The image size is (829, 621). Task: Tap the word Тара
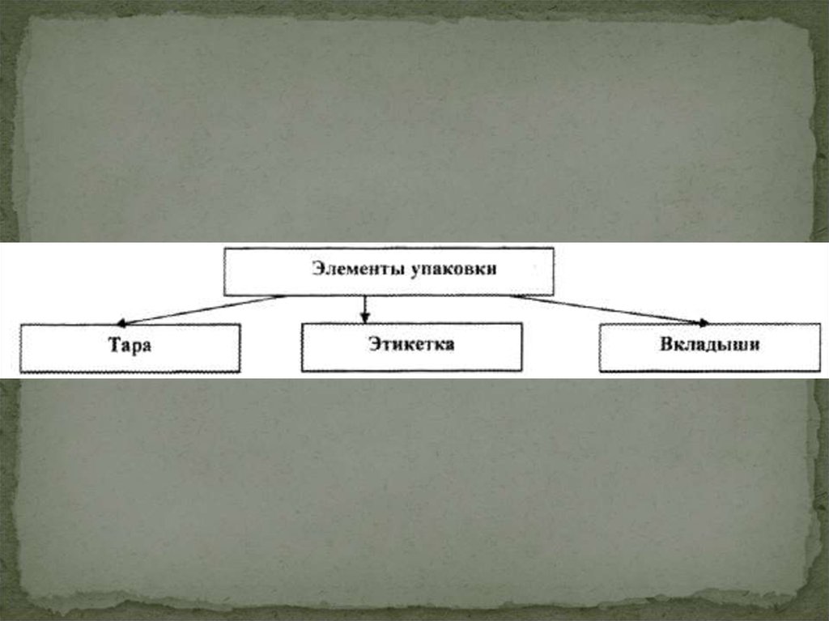coord(131,346)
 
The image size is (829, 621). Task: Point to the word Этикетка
coord(410,344)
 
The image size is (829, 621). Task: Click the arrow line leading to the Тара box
coord(202,308)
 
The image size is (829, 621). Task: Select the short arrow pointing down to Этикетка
coord(365,306)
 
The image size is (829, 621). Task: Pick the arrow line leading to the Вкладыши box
coord(607,308)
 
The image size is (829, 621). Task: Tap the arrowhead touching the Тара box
coord(122,321)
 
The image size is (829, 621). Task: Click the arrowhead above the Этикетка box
coord(365,317)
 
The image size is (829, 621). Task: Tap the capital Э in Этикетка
coord(374,344)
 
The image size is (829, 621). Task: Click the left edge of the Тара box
coord(21,348)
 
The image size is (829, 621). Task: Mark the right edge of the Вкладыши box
coord(819,348)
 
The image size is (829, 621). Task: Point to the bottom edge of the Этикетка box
coord(411,371)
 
